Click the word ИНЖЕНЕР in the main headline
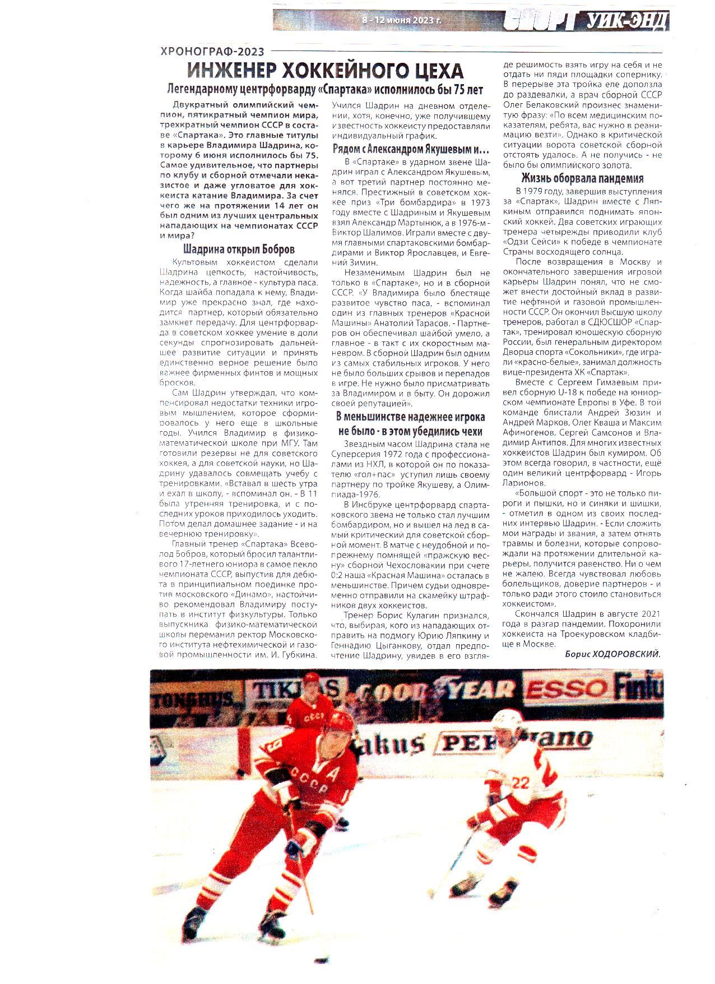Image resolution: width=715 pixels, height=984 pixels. [x=230, y=71]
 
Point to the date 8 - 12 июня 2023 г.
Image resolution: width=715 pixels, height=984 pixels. [x=401, y=21]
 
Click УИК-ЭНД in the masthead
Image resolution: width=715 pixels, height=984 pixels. [x=628, y=22]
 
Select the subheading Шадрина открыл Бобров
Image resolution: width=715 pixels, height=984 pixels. [x=239, y=250]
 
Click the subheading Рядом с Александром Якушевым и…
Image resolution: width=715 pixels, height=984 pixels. [x=411, y=150]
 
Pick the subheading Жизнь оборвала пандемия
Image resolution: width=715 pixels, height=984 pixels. [x=582, y=179]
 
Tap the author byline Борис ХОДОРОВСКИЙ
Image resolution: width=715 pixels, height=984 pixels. [x=612, y=654]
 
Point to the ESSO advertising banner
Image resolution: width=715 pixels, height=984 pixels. [x=567, y=689]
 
